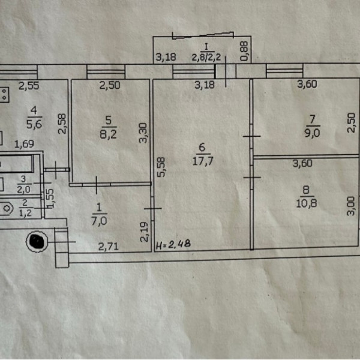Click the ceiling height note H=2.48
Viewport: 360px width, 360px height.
[173, 244]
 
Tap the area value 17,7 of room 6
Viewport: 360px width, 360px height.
[203, 161]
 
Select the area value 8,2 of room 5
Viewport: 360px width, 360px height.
[109, 134]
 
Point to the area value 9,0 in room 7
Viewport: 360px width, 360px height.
[312, 133]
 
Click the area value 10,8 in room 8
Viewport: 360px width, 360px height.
[307, 203]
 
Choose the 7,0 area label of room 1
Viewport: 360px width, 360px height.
[99, 221]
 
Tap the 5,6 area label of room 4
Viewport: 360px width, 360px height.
[34, 124]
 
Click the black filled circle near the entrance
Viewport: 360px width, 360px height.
[37, 241]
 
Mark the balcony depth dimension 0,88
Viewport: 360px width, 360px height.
[244, 51]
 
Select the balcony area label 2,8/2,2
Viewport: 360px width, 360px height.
[206, 57]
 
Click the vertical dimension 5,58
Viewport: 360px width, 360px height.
[161, 167]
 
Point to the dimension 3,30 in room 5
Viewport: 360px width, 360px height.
[143, 133]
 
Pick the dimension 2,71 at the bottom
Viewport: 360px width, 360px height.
[109, 247]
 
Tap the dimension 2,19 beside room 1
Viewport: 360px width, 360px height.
[144, 232]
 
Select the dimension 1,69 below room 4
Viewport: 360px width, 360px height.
[24, 144]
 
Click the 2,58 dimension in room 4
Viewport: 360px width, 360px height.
[62, 124]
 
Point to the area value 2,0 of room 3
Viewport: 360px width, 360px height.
[23, 190]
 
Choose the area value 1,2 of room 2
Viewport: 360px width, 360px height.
[25, 214]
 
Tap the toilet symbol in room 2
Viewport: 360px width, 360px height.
[7, 209]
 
